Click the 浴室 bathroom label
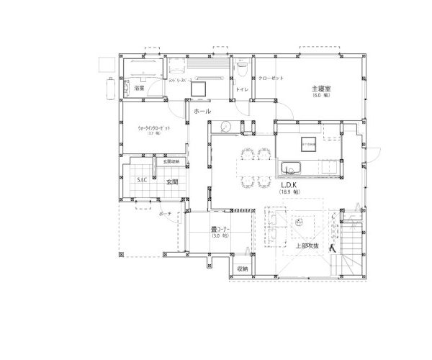coord(140,88)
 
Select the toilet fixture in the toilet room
coord(243,69)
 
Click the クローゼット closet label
coord(271,77)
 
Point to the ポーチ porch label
coord(163,214)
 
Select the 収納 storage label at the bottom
coord(242,269)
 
